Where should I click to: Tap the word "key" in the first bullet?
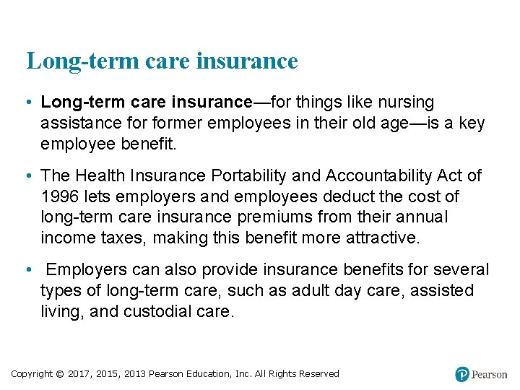point(472,123)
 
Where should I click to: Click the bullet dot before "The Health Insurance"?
point(27,175)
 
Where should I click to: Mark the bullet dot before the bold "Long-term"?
point(27,103)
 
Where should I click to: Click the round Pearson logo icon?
point(462,374)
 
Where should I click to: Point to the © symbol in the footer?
point(59,374)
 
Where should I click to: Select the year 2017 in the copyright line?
point(80,374)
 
